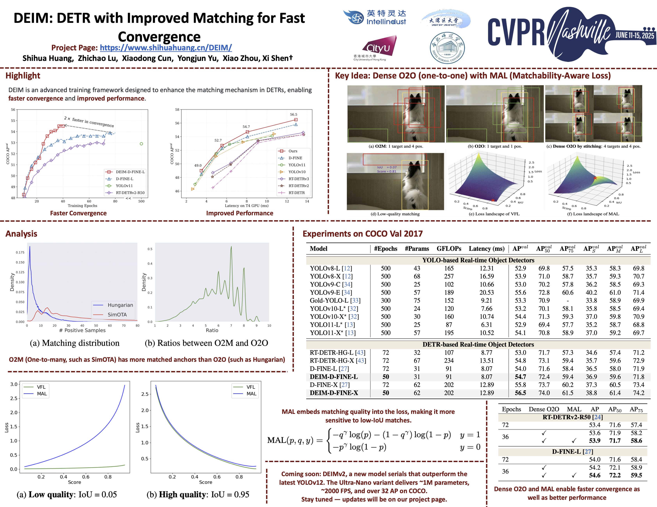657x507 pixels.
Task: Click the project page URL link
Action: coord(166,48)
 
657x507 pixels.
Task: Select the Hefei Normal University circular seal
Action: coord(447,48)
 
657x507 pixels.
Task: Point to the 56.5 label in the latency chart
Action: coord(293,114)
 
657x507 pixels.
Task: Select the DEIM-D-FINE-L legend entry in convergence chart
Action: coord(130,172)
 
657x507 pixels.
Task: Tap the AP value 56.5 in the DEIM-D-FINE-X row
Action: coord(520,393)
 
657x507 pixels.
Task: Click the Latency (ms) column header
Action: coord(486,249)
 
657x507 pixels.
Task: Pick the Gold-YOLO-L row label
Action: coord(335,300)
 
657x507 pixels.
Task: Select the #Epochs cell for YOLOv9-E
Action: coord(386,292)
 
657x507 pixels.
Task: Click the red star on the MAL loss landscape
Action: coord(595,178)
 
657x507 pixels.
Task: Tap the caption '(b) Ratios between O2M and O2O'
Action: coord(206,343)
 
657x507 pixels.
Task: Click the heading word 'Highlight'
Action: coord(23,76)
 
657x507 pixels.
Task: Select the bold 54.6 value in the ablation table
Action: coord(594,475)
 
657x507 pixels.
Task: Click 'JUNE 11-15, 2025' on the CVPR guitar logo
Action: coord(634,36)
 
